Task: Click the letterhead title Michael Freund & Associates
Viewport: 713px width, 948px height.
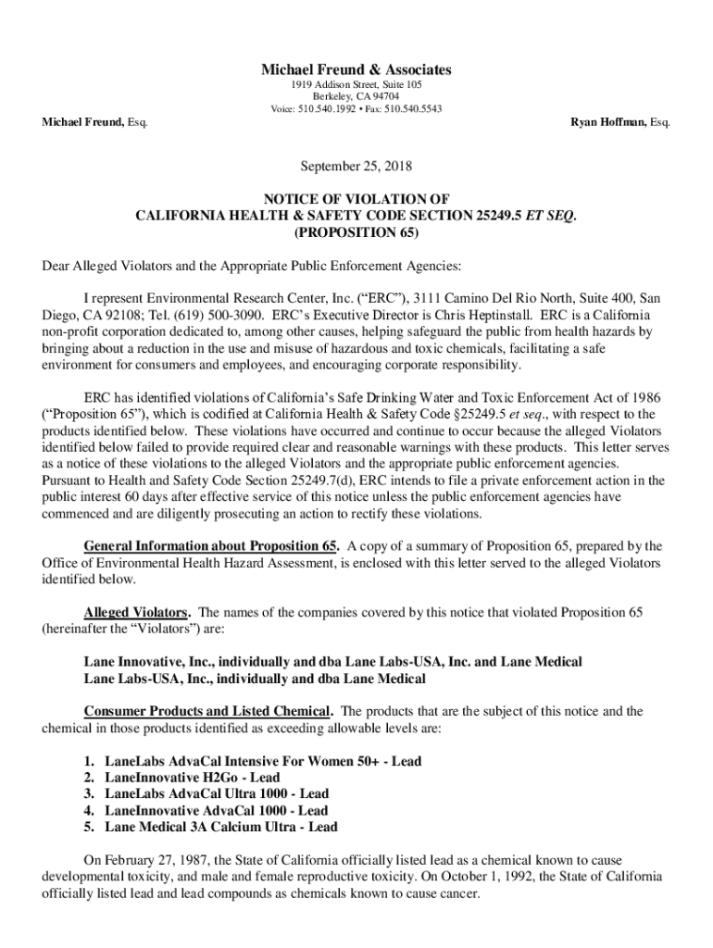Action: [356, 69]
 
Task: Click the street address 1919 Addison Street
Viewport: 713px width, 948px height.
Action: [333, 84]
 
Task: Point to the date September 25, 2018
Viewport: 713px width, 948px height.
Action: [356, 167]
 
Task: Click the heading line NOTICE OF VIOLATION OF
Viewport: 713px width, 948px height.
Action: [356, 198]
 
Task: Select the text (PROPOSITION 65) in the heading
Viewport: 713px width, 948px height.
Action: [356, 231]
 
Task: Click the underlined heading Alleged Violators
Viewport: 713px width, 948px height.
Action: [137, 613]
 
